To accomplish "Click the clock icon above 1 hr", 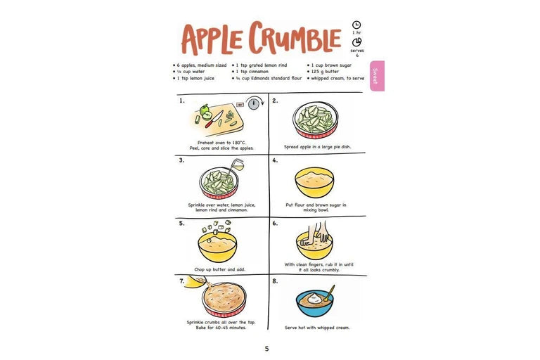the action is [356, 25].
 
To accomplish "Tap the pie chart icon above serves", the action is [356, 42].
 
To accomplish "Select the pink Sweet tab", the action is [377, 76].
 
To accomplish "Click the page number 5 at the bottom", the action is [266, 349].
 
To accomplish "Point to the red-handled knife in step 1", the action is [214, 120].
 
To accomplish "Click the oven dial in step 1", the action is [253, 103].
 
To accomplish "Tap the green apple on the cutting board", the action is [205, 112].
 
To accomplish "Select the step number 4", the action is [274, 160].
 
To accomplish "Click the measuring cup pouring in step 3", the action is [236, 165].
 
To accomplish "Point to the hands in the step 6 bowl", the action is [318, 233].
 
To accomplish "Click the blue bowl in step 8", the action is [314, 303].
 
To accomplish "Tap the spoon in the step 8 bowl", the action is [329, 293].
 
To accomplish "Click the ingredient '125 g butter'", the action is [325, 72].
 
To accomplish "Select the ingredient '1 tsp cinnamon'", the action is [252, 72].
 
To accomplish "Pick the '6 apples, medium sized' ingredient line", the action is [200, 65].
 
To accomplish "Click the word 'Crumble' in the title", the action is [295, 38].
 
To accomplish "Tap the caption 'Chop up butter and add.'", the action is [219, 269].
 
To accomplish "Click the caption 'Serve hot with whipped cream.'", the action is [317, 328].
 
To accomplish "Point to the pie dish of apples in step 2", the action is [315, 120].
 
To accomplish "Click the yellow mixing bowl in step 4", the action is [314, 183].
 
